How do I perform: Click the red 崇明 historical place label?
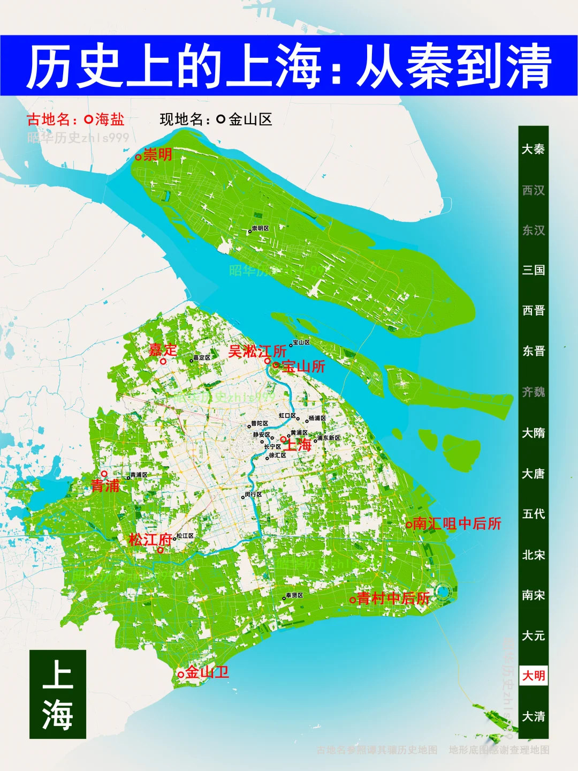coord(157,155)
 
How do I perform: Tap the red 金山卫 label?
coord(207,672)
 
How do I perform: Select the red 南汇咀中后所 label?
coord(457,523)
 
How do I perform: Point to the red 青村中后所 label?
coord(393,598)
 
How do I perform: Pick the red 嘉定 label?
coord(163,350)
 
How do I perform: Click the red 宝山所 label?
coord(303,366)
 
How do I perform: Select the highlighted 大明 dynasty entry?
coord(534,676)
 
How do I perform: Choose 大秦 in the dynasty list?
coord(534,149)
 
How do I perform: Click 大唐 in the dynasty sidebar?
coord(534,474)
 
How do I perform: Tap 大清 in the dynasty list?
coord(534,716)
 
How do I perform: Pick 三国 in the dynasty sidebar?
coord(534,270)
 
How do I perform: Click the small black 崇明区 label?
coord(260,228)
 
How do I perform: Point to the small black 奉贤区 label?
coord(294,595)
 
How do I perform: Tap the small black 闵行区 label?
coord(253,495)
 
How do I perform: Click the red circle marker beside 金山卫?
coord(181,675)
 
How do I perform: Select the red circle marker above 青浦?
coord(104,474)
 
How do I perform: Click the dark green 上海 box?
coord(58,694)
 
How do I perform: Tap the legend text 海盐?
coord(110,119)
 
